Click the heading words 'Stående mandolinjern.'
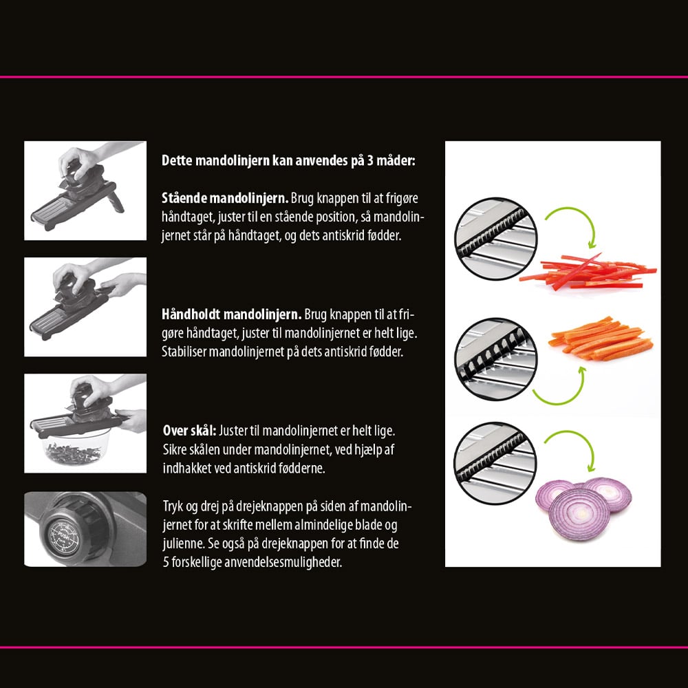225,198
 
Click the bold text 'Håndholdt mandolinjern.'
232,314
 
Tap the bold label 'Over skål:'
190,431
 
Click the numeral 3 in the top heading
370,160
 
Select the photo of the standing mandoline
85,191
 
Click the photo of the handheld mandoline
85,307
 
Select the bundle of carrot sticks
601,338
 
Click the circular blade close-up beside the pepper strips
496,238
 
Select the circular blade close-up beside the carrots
496,358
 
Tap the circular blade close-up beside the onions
495,463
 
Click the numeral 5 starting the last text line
166,563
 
